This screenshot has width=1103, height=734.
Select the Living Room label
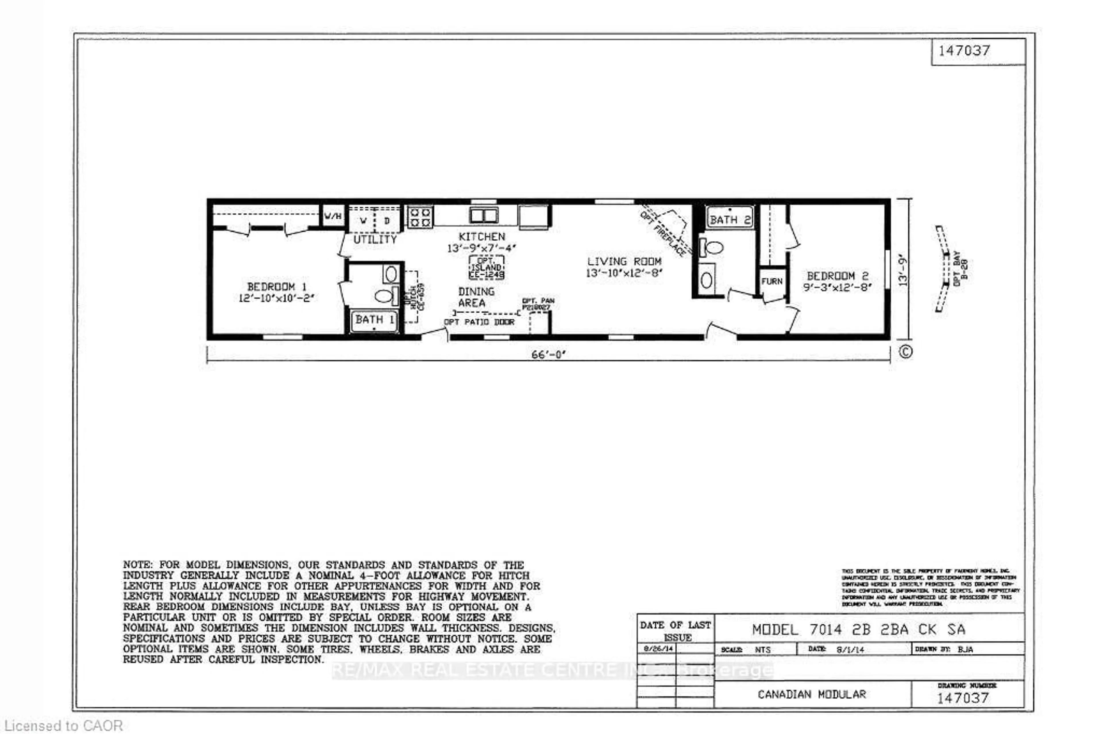pos(624,261)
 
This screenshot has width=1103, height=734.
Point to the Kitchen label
pos(482,237)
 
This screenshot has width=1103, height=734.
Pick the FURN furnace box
pos(771,281)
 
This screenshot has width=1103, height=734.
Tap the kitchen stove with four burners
pos(420,217)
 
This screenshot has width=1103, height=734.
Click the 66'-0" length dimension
pos(548,355)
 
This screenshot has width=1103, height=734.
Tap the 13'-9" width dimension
pos(903,270)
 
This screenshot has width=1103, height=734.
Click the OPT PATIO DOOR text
pos(479,322)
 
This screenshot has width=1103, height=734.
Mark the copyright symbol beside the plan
pos(905,351)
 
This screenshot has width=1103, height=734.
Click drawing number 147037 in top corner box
pos(964,51)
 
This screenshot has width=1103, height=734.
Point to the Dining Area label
pos(476,297)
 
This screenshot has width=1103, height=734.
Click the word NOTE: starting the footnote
pos(138,565)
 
